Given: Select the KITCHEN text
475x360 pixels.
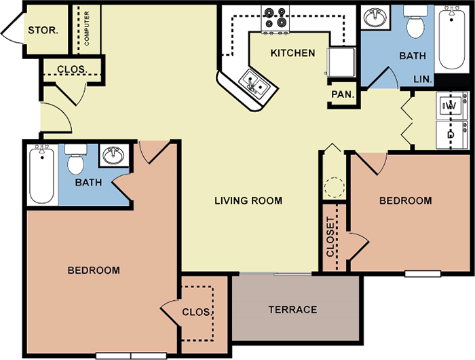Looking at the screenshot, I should pos(292,53).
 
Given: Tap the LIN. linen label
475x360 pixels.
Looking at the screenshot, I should pos(423,79).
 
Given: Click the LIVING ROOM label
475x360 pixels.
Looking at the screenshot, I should pos(248,201).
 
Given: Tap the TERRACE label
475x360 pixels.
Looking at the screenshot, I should pos(292,310).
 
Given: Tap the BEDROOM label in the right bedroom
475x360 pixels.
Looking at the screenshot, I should pos(405,201).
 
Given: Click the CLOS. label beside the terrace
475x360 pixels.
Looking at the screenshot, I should pos(195,312).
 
